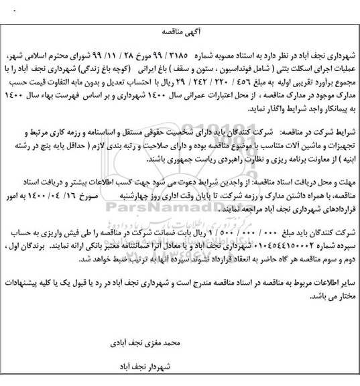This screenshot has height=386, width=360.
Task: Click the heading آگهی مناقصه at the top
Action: click(x=180, y=30)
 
